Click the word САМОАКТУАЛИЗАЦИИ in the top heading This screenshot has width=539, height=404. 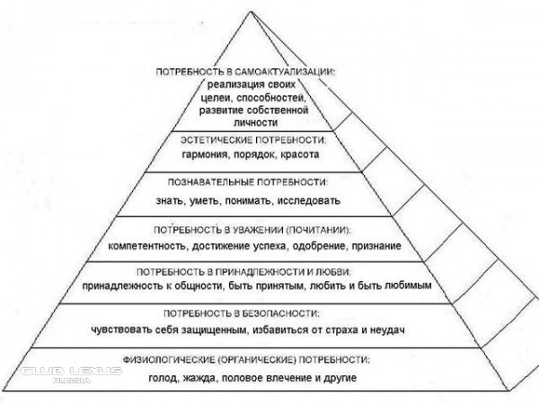[285, 72]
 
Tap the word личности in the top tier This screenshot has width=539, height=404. [255, 123]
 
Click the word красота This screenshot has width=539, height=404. [300, 154]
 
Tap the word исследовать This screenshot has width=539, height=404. [309, 200]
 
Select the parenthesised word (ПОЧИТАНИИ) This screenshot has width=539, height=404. [319, 230]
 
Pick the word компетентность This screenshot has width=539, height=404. [148, 246]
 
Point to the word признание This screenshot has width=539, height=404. [376, 246]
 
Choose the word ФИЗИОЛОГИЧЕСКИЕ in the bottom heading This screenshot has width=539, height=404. [169, 360]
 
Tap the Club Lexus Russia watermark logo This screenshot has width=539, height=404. [72, 374]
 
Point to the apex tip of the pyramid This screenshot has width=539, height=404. [252, 12]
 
